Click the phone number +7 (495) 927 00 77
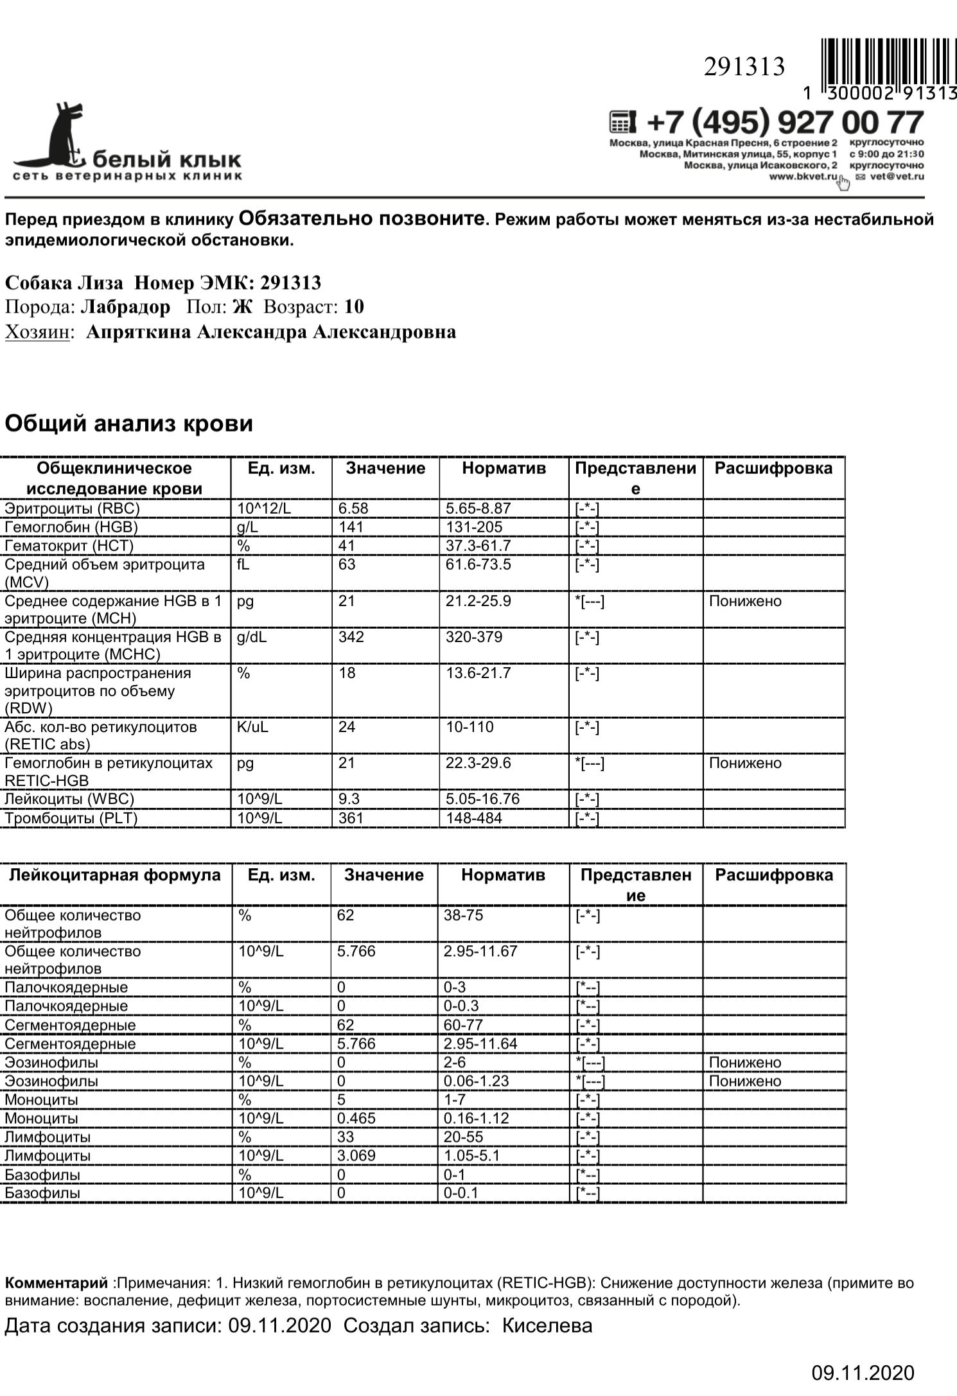click(785, 122)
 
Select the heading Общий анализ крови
click(129, 423)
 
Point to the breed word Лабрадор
click(126, 307)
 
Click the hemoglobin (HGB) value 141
click(351, 527)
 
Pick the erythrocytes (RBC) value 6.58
click(353, 509)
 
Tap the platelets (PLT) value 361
click(351, 818)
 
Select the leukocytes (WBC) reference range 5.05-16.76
click(482, 799)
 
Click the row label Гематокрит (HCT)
click(69, 546)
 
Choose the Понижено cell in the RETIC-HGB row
click(745, 763)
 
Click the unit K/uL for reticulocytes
click(252, 727)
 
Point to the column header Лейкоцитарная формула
click(114, 875)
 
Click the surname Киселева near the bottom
click(547, 1326)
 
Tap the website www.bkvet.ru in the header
click(803, 176)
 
